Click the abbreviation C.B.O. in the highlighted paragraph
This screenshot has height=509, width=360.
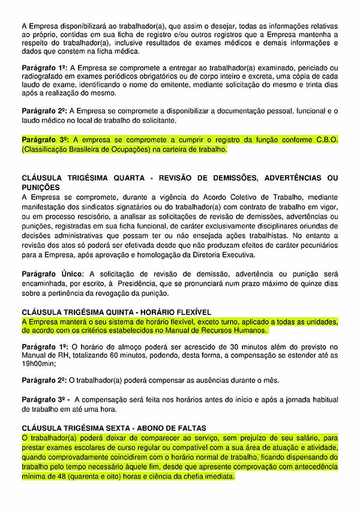click(x=325, y=139)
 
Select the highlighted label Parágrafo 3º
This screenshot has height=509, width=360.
click(x=46, y=139)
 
